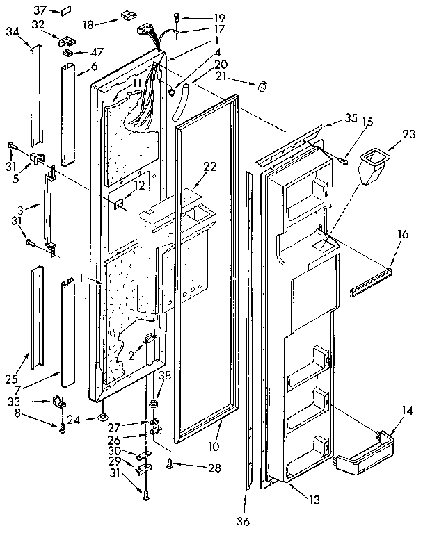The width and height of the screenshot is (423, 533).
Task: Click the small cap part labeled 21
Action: [x=264, y=86]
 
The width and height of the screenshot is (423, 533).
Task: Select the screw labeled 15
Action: [x=342, y=161]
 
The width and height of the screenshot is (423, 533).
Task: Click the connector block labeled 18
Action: [x=127, y=14]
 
